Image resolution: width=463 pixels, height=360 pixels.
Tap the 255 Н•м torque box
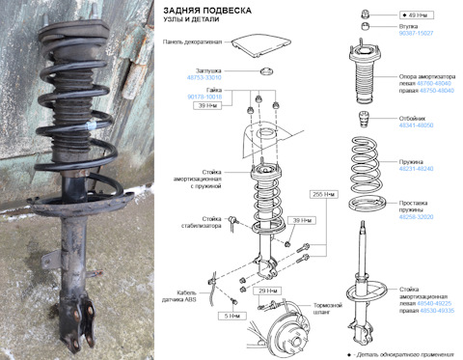click(x=324, y=194)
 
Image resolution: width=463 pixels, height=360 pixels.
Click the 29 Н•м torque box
click(x=267, y=290)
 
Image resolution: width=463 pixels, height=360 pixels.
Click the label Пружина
click(x=412, y=161)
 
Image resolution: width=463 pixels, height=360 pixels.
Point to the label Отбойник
click(x=414, y=117)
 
